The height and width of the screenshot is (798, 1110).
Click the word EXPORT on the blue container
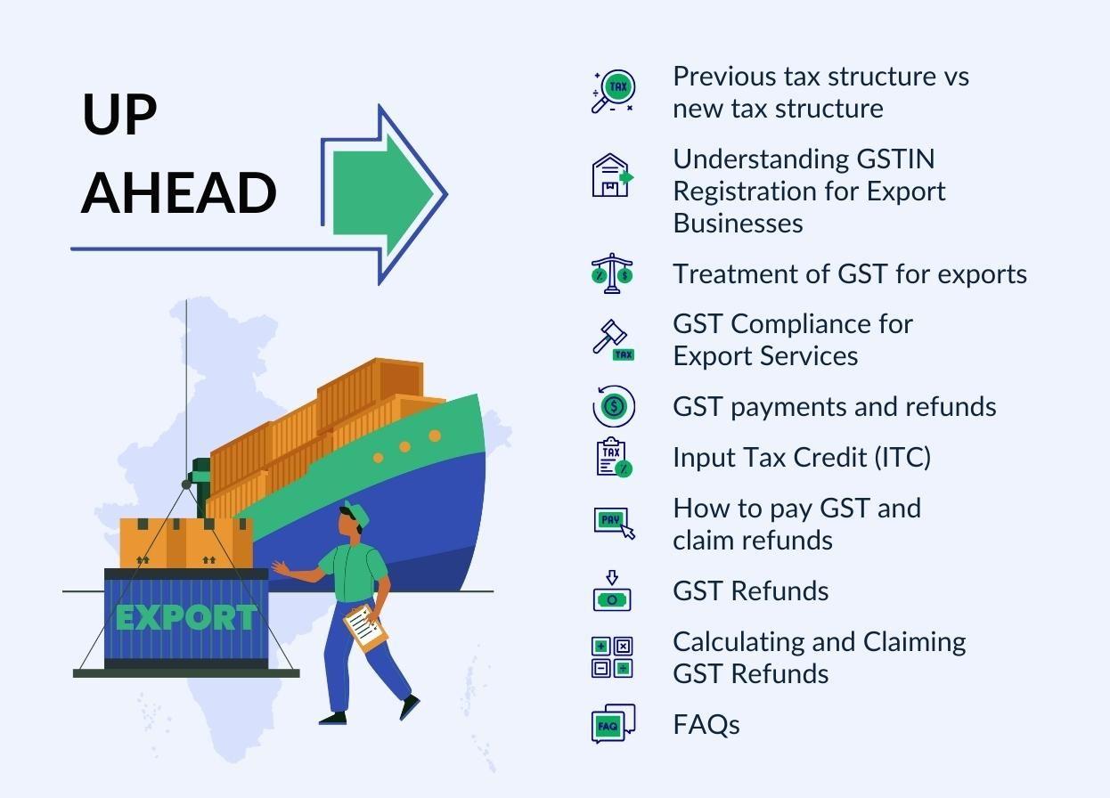185,617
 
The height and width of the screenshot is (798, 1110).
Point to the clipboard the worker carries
365,626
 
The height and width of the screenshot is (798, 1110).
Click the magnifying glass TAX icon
613,92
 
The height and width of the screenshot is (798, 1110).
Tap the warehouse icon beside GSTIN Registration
612,175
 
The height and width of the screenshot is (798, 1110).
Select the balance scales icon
612,273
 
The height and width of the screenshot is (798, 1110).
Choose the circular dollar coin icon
613,407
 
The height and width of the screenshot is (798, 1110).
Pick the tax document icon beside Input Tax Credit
613,457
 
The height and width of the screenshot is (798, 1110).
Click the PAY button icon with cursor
614,522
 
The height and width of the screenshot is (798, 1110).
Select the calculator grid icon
612,657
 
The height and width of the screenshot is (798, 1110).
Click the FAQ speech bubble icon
613,724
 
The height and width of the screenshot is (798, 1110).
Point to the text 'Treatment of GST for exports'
850,273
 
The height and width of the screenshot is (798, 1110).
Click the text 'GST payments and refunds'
835,406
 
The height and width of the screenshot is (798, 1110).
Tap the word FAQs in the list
706,724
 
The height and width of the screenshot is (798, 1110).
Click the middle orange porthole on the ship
405,447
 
